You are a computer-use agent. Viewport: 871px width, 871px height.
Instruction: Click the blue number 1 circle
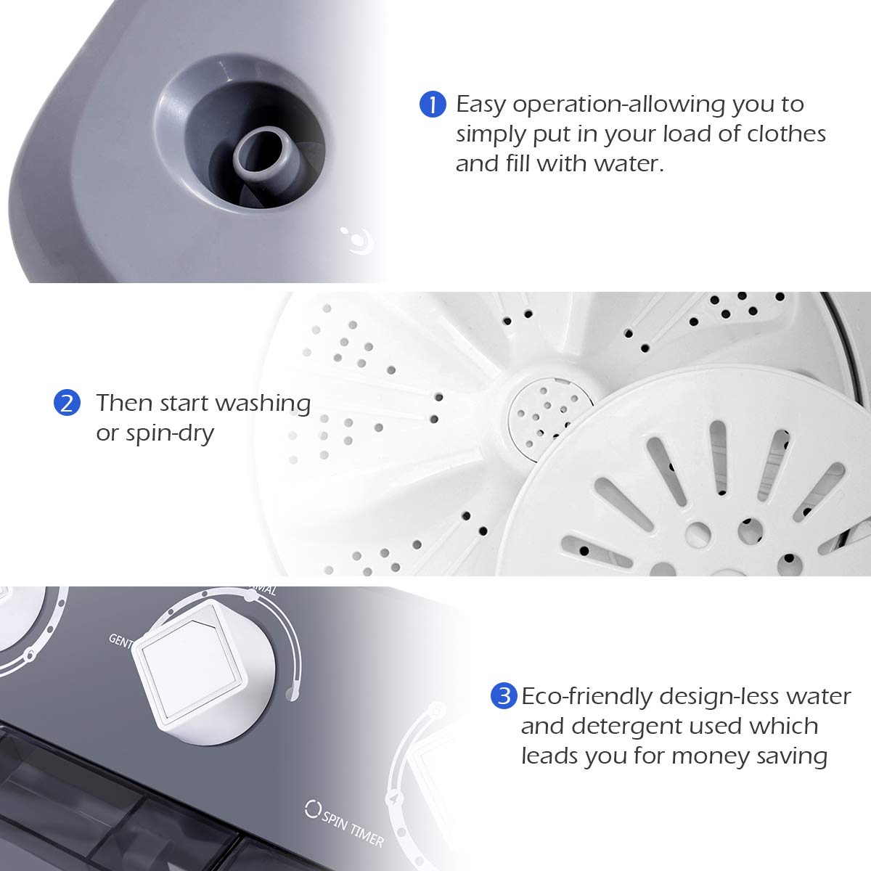433,105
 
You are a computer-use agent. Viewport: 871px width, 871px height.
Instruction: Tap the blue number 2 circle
67,403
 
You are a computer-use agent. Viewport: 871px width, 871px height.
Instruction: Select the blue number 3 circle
503,697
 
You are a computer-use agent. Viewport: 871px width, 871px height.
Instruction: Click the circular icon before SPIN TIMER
313,808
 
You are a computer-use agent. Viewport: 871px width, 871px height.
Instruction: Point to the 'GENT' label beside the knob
120,639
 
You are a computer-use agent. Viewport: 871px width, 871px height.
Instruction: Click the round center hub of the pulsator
550,414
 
